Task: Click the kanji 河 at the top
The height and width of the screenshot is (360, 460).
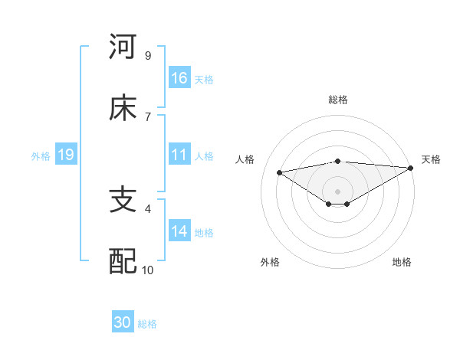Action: pos(123,47)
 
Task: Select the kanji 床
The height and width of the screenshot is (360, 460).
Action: pos(123,108)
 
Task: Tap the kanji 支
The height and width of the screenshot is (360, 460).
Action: pos(123,200)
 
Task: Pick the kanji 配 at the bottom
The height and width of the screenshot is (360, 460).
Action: pos(123,261)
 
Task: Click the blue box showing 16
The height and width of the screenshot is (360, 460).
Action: pos(179,78)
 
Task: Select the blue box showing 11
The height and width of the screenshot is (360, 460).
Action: pos(179,155)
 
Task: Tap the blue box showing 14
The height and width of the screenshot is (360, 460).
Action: pos(179,231)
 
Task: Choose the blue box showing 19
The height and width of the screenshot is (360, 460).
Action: pos(66,155)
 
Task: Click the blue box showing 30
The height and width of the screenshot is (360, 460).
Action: pos(123,322)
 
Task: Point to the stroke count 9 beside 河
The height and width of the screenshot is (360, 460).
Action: pos(147,55)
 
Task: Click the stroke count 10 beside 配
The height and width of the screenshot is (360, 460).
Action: pos(148,270)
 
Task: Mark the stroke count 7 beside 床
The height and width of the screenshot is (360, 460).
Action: pos(147,116)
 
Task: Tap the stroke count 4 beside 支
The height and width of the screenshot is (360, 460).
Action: pos(147,208)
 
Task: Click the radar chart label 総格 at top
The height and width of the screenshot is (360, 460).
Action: pos(338,100)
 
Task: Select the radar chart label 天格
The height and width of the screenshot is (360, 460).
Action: pos(431,159)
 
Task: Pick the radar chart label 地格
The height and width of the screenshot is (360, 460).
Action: pos(402,262)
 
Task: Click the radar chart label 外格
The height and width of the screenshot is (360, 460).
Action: pos(270,262)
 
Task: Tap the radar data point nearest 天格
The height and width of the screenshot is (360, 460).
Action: pos(412,168)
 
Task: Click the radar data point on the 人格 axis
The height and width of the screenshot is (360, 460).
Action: pos(279,172)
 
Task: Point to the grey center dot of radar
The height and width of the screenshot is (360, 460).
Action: pos(337,191)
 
